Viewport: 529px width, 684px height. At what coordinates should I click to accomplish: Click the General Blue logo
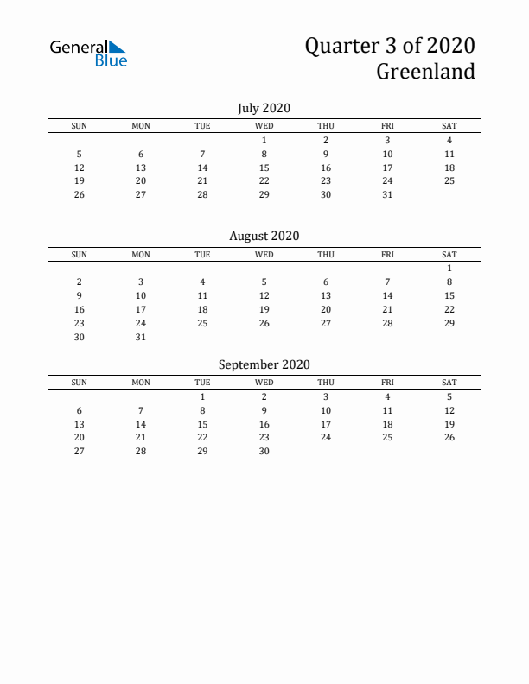click(x=88, y=53)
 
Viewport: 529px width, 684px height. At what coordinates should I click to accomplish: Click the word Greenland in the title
click(x=425, y=71)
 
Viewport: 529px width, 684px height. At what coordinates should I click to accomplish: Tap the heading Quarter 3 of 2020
click(x=389, y=45)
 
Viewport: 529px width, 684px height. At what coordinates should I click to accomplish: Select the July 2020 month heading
click(x=264, y=108)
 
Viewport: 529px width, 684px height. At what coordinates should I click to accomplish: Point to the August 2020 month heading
click(x=264, y=236)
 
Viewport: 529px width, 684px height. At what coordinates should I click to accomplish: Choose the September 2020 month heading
click(x=264, y=364)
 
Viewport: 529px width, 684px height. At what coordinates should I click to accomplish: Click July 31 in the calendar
click(x=387, y=194)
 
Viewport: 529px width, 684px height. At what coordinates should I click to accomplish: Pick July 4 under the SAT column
click(x=449, y=140)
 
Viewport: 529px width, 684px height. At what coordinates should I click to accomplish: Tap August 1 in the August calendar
click(x=449, y=268)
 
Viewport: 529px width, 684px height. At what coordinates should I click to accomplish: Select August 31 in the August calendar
click(x=141, y=337)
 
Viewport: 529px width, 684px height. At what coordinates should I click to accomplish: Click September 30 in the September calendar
click(x=264, y=451)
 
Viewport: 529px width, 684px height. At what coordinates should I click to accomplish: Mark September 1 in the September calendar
click(x=202, y=396)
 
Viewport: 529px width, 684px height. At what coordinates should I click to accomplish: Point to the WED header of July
click(x=264, y=126)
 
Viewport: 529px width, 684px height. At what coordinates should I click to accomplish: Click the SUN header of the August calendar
click(x=79, y=255)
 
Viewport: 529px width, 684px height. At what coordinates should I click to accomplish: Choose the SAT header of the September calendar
click(x=449, y=383)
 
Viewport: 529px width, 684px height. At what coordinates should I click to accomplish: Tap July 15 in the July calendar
click(x=264, y=168)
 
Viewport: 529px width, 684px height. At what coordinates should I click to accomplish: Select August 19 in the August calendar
click(x=264, y=309)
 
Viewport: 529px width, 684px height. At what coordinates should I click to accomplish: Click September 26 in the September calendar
click(x=449, y=437)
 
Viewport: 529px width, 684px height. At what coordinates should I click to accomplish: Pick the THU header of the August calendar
click(x=326, y=255)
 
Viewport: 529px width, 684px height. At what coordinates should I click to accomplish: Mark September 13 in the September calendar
click(x=80, y=424)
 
